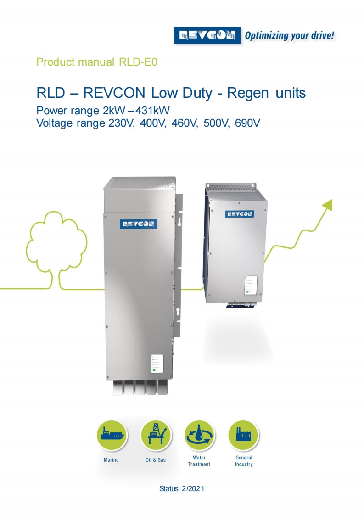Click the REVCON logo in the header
tap(207, 35)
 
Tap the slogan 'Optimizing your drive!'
tap(289, 35)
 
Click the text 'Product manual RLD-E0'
tap(97, 62)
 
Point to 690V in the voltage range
tap(248, 123)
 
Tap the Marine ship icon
tap(112, 435)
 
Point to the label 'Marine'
tap(111, 459)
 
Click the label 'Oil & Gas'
tap(155, 459)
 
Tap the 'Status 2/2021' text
tap(182, 488)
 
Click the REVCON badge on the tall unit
tap(138, 224)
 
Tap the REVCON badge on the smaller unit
tap(239, 213)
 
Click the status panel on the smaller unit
tap(250, 285)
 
